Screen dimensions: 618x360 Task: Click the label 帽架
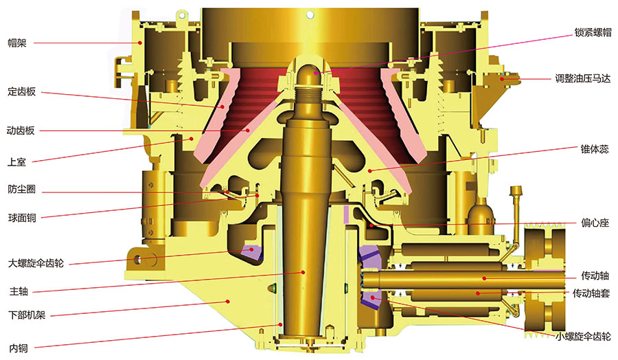click(17, 43)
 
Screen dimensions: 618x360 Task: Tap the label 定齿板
click(22, 92)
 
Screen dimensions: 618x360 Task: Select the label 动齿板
click(21, 131)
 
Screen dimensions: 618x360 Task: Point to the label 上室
click(16, 162)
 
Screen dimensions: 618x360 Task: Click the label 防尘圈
click(22, 189)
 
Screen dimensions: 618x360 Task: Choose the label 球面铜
click(22, 218)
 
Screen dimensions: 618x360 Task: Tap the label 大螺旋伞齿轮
click(36, 263)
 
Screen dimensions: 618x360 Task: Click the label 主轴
click(19, 291)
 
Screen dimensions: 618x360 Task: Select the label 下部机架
click(27, 315)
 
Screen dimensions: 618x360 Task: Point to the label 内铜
click(19, 348)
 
